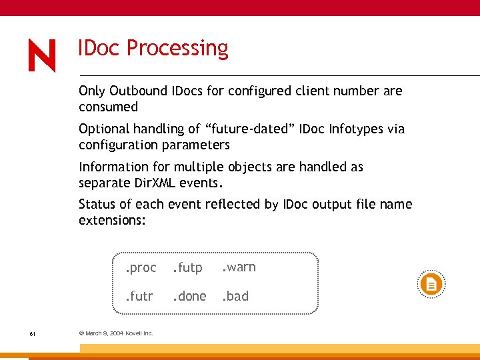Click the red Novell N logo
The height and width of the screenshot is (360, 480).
click(42, 55)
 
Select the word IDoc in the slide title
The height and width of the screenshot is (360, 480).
click(99, 49)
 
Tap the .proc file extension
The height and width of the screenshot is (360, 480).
click(140, 268)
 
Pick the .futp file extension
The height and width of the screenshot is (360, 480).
click(187, 268)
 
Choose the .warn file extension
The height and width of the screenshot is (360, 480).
click(239, 267)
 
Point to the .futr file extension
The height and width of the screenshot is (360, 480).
click(139, 296)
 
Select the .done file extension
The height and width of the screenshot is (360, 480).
click(189, 296)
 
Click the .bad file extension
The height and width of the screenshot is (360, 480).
click(235, 296)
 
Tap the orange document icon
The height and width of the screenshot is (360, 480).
click(431, 285)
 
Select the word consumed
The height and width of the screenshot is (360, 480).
click(108, 107)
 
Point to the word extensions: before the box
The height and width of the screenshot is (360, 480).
click(112, 220)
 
